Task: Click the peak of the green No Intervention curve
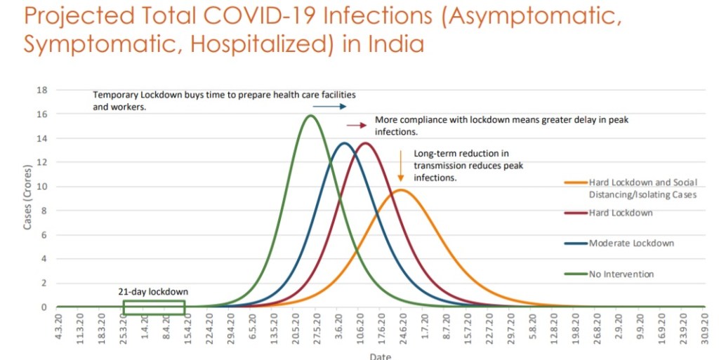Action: tap(311, 116)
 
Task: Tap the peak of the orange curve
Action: tap(400, 190)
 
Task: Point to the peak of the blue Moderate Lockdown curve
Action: tap(344, 143)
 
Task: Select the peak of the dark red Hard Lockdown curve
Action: tap(365, 143)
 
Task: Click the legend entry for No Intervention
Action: tap(621, 274)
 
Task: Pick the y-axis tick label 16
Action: tap(42, 114)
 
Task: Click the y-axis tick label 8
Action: tap(44, 211)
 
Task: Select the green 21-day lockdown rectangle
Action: tap(154, 307)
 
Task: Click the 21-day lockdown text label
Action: tap(152, 291)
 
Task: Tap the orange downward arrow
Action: tap(400, 166)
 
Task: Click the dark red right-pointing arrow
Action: tap(357, 125)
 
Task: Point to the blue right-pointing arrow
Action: tap(329, 107)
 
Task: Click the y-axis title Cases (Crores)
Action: tap(28, 199)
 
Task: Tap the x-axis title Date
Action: tap(380, 356)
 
